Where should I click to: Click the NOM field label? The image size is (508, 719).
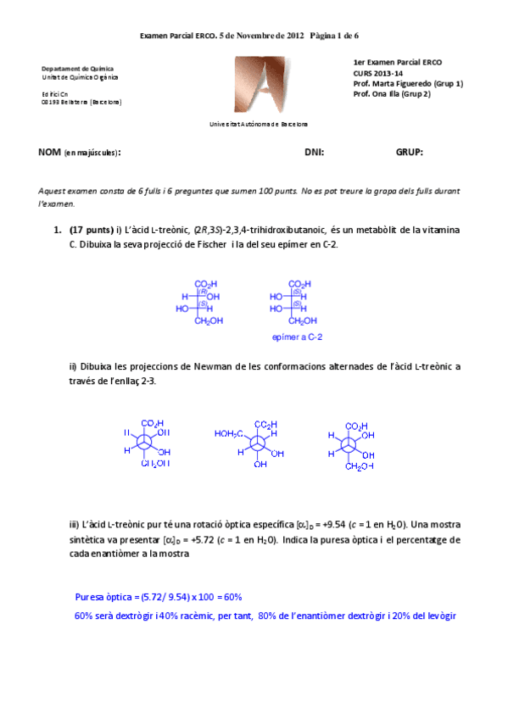click(x=49, y=153)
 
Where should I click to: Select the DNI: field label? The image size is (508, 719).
click(x=314, y=153)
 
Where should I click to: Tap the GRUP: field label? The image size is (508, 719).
click(x=409, y=153)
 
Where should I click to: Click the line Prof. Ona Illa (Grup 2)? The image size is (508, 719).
click(x=392, y=94)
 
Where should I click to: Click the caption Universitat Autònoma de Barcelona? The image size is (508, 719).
click(x=264, y=124)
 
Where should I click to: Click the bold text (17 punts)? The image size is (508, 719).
click(x=91, y=230)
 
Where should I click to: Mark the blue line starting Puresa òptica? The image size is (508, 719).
click(x=159, y=596)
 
